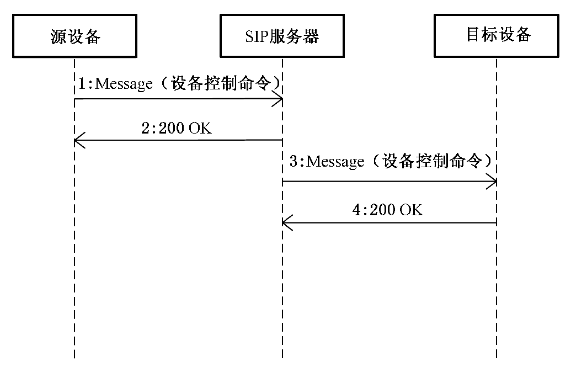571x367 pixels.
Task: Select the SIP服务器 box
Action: click(x=282, y=36)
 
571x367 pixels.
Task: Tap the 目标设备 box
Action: click(x=498, y=35)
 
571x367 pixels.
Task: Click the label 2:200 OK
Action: click(x=176, y=128)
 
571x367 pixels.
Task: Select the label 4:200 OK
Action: click(x=388, y=210)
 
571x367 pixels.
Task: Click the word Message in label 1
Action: click(x=124, y=84)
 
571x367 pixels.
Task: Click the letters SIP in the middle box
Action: click(x=256, y=37)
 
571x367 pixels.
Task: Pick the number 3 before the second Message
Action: click(x=294, y=162)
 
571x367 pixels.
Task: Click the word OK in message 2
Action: click(x=200, y=128)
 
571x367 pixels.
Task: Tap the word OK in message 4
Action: click(x=412, y=210)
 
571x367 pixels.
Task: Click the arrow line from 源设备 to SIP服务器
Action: click(x=177, y=99)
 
